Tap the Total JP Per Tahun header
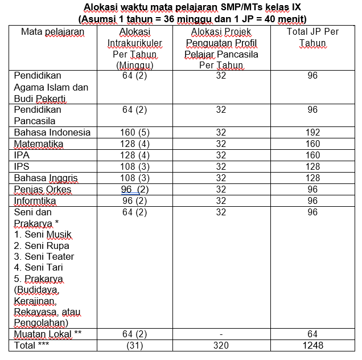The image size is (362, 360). coord(312,37)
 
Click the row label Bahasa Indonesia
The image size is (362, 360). coord(52,132)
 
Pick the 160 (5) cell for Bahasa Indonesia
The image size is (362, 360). coord(134,132)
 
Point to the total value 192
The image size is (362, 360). coord(312,132)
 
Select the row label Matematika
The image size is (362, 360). coord(39,144)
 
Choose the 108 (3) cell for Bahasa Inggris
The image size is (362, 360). coord(134,178)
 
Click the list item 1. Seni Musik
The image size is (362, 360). coord(43,234)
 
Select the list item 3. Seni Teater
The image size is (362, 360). coord(44,256)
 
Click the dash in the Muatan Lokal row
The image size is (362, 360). coord(221,334)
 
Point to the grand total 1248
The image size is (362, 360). coord(312,345)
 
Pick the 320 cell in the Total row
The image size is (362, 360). coord(221,345)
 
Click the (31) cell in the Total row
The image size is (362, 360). coord(134,345)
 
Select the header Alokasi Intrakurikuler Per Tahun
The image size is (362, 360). coord(134,48)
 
